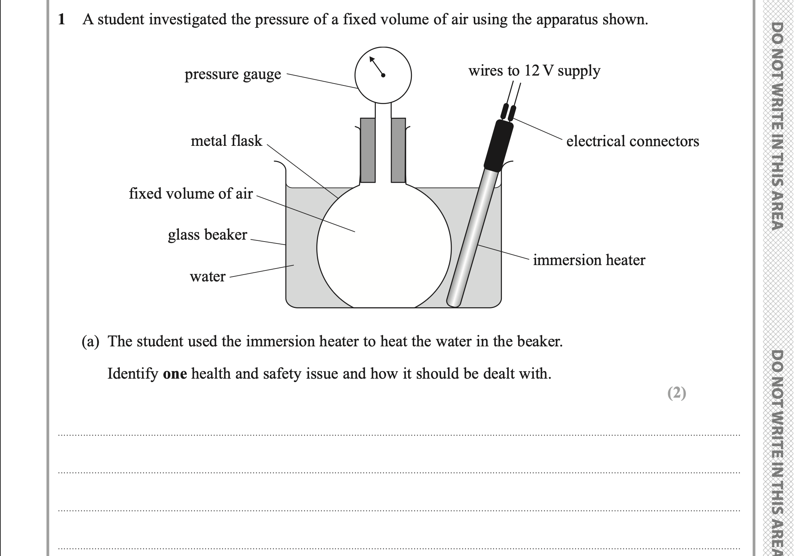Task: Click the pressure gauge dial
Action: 383,75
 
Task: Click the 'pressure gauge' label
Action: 233,74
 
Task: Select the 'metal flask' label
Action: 226,141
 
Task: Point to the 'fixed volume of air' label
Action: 191,194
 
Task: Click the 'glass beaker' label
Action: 207,235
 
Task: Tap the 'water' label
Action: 207,276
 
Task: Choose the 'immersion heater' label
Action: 589,260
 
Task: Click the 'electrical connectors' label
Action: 632,141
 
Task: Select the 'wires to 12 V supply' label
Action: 534,71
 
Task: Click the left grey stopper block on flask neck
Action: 367,150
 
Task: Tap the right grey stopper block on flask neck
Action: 398,150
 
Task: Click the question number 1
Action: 61,19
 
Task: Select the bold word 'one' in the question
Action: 175,374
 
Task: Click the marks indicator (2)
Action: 676,393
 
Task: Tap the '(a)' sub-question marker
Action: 90,341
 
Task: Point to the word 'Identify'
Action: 132,374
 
